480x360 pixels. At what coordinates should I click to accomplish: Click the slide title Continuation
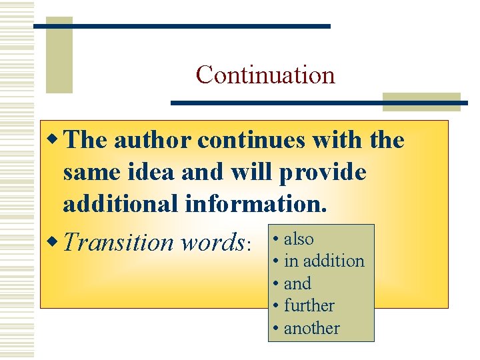tap(265, 74)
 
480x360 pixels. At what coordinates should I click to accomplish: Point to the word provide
tap(323, 173)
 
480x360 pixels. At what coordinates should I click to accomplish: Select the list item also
tap(299, 239)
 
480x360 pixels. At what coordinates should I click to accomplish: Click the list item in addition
tap(324, 261)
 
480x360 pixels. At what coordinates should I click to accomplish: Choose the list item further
tap(309, 305)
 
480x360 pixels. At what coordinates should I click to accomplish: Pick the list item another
tap(311, 328)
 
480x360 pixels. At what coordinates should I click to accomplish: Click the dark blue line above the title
tap(181, 26)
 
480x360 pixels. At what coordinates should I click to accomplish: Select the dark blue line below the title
tap(319, 103)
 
